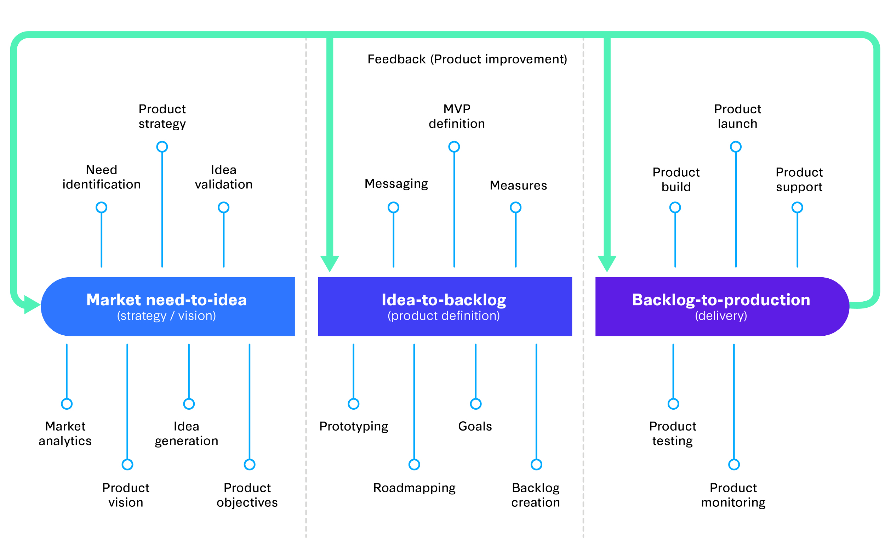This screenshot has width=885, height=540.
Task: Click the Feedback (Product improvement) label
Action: (467, 59)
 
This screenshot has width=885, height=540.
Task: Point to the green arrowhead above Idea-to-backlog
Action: (330, 263)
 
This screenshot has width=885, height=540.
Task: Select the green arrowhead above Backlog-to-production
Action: (607, 263)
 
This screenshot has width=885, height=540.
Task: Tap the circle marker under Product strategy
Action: (162, 147)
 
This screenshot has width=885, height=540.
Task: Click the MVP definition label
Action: (457, 116)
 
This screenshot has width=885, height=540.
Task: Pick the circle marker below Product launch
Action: (736, 147)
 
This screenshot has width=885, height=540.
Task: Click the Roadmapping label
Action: (414, 488)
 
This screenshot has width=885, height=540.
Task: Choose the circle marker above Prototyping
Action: (353, 404)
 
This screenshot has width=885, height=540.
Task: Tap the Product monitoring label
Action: (733, 495)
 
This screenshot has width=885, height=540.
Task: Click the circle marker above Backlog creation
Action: (536, 465)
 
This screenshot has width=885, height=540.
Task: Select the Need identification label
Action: (102, 177)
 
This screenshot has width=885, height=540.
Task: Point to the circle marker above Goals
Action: (475, 404)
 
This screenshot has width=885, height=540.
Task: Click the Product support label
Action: (799, 179)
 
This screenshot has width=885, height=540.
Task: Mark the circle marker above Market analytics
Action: (67, 404)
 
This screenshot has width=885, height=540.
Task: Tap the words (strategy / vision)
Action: (166, 316)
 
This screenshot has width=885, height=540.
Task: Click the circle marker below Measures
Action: (515, 207)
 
